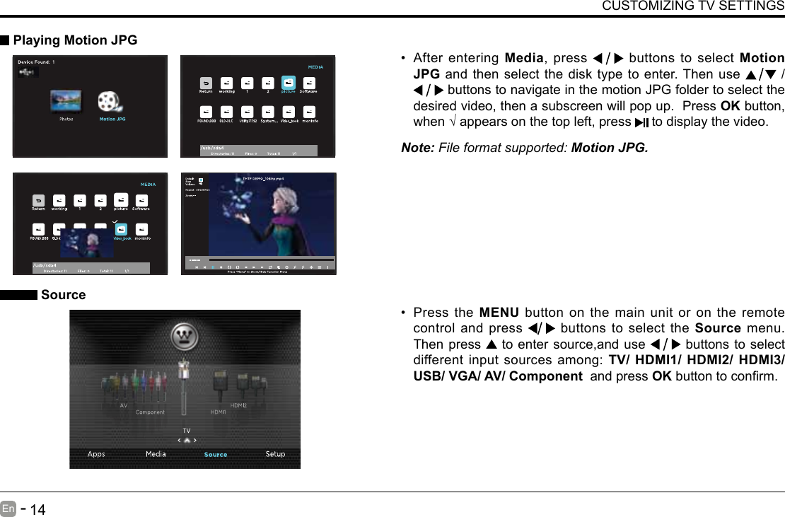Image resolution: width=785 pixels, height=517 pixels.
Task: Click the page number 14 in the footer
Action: [38, 509]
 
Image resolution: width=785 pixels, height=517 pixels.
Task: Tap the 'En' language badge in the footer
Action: [8, 508]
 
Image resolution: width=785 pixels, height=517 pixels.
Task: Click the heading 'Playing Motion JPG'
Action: [75, 40]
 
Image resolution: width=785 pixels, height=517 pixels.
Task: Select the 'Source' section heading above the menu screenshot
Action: [63, 295]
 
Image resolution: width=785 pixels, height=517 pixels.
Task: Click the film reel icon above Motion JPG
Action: [111, 102]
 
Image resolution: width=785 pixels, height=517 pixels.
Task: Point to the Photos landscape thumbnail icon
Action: [66, 101]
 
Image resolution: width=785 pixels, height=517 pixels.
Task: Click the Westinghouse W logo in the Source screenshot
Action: [185, 335]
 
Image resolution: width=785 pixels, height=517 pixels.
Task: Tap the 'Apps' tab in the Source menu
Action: [96, 454]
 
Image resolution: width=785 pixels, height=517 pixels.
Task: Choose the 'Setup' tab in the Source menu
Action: [275, 454]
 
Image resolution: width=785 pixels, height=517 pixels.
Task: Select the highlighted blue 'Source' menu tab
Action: [216, 455]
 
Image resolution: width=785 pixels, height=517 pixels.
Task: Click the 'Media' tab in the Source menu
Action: [156, 454]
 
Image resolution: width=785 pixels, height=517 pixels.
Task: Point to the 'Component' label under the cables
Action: [150, 412]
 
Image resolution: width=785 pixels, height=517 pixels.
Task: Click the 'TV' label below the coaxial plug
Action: [186, 430]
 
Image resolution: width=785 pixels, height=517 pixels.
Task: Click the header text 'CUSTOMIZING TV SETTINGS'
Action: [692, 6]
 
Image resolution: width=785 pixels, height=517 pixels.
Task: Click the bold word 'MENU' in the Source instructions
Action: [499, 313]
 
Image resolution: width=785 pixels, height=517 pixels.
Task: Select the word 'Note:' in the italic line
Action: [418, 149]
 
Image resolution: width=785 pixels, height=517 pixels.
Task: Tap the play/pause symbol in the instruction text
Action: [641, 122]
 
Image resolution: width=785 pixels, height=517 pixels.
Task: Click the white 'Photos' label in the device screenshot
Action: [66, 120]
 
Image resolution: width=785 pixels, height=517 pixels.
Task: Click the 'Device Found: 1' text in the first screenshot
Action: [36, 62]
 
